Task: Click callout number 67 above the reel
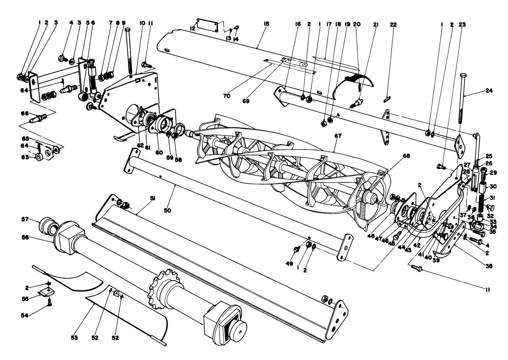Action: [x=338, y=136]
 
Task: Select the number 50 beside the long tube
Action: [x=168, y=210]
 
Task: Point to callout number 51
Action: [x=153, y=199]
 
